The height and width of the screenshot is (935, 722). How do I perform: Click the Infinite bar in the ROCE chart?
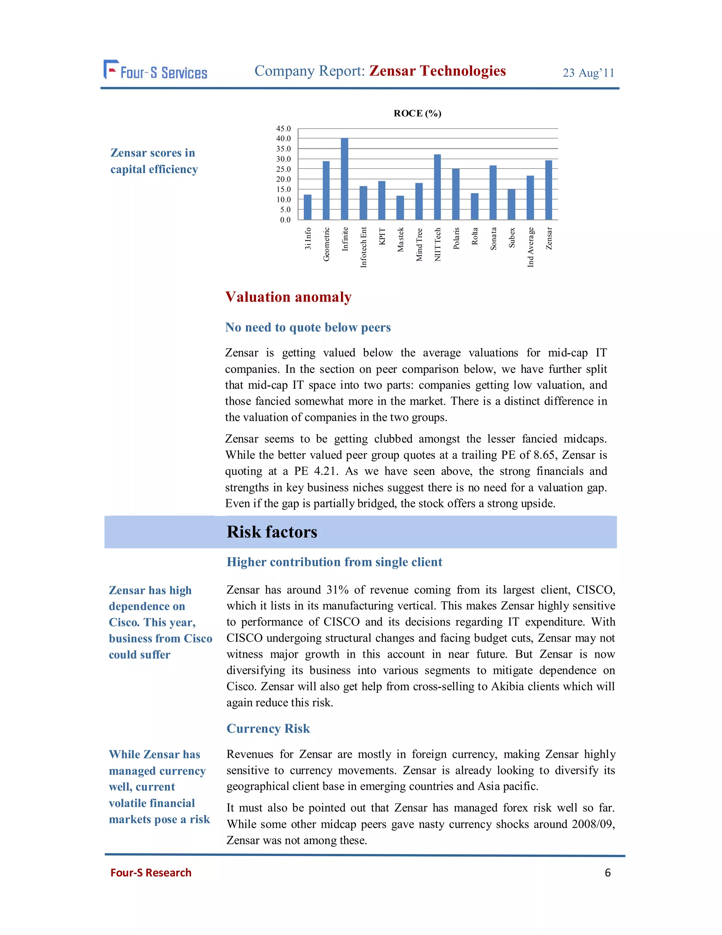[x=344, y=179]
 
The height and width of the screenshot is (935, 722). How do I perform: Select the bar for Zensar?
[x=548, y=190]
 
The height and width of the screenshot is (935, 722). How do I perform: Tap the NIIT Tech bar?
[x=437, y=187]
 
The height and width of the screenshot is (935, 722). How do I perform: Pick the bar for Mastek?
[x=400, y=208]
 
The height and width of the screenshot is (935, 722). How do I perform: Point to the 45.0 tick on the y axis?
[x=283, y=128]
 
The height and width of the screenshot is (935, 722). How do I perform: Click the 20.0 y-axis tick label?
[x=283, y=179]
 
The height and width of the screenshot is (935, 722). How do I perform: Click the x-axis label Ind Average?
[x=530, y=247]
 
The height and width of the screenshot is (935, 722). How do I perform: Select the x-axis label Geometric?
[x=326, y=244]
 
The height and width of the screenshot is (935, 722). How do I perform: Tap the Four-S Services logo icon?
[x=110, y=70]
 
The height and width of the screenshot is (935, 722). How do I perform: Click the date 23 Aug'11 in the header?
[x=588, y=73]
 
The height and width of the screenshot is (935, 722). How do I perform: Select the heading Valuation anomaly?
[x=288, y=297]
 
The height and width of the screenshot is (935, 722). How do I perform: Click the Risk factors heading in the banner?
[x=272, y=532]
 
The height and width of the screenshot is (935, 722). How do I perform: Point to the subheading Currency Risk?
[x=268, y=728]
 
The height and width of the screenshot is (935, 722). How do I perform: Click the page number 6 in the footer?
[x=607, y=873]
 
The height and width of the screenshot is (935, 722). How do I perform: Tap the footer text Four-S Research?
[x=151, y=873]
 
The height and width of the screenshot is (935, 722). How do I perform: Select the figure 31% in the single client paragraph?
[x=337, y=590]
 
